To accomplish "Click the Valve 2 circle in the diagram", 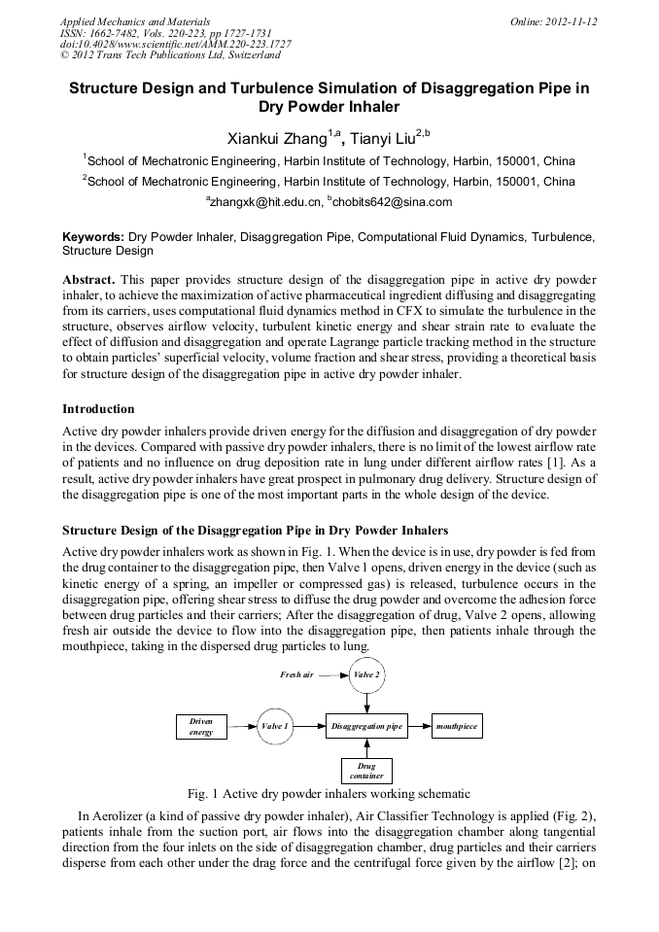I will coord(366,674).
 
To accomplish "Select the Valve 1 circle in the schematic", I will coord(274,726).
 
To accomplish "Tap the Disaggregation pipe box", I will coord(366,726).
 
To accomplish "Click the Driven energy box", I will coord(201,726).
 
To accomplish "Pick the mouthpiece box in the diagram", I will coord(457,726).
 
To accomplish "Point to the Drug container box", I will coord(366,772).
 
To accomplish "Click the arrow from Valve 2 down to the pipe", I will coord(366,703).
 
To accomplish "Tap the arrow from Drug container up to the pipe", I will coord(366,748).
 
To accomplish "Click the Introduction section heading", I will coord(98,408).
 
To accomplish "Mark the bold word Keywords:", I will coord(93,236).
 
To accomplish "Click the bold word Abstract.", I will coord(89,278).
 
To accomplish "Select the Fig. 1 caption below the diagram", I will coord(329,793).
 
